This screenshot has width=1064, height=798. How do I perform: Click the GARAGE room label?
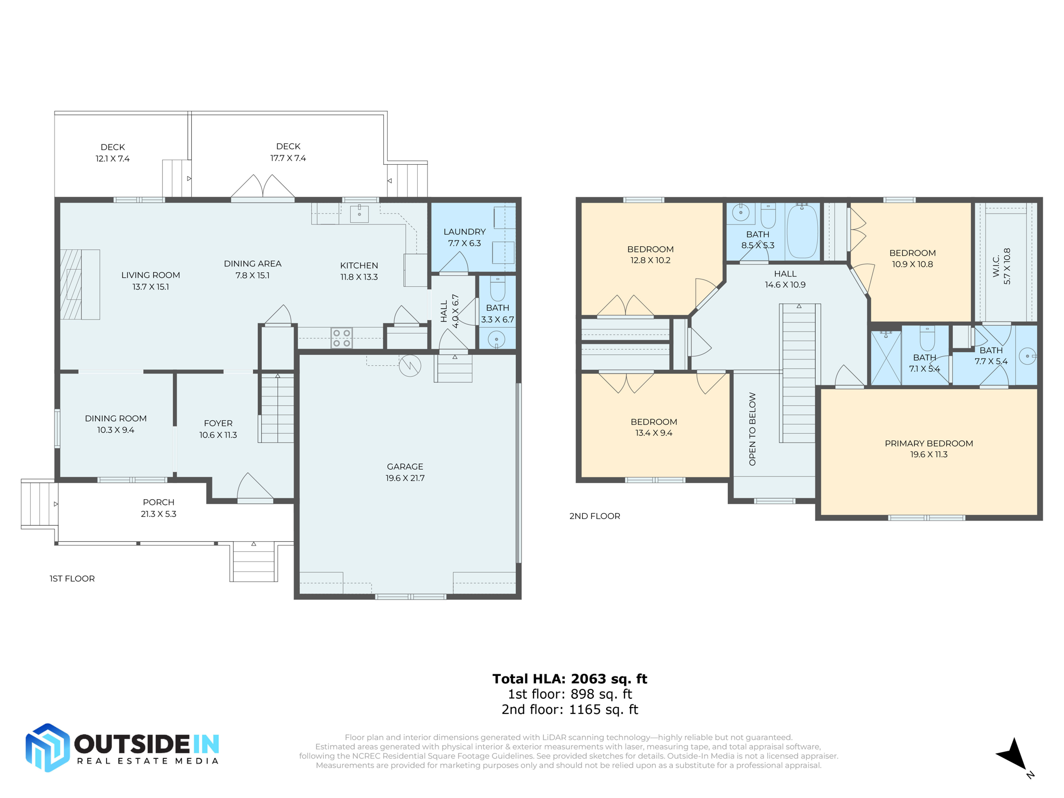point(405,472)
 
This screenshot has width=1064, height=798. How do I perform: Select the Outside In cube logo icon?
point(47,747)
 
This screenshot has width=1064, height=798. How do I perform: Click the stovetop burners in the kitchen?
point(341,338)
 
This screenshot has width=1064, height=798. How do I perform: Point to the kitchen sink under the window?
point(359,214)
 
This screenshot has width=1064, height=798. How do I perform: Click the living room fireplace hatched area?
point(71,284)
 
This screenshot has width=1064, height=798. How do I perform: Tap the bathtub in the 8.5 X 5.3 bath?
point(802,231)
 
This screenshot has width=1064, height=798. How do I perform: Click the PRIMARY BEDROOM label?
point(928,448)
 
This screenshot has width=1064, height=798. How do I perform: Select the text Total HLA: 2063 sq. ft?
point(569,679)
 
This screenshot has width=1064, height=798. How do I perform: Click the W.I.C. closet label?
point(1001,266)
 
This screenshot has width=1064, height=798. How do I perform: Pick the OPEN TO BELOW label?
point(752,429)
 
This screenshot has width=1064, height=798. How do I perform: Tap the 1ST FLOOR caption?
point(72,578)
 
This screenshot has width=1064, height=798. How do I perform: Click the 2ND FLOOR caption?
point(594,516)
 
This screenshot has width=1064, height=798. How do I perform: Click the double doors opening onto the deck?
point(262,187)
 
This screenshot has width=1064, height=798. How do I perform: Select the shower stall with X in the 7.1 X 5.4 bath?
point(886,357)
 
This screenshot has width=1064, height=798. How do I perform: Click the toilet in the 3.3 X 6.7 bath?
point(497,289)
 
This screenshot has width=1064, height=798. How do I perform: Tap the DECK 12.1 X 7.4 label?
point(112,153)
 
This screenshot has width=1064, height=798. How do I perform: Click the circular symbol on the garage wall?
point(410,366)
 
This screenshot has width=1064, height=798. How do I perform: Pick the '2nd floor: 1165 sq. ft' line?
point(569,709)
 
